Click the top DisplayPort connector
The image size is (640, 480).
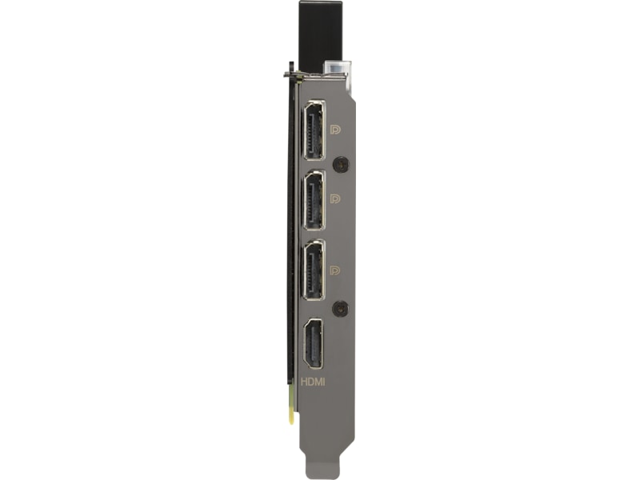(314, 130)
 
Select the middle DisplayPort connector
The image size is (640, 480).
(314, 200)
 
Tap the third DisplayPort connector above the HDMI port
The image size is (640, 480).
(314, 270)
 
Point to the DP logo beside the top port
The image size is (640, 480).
(335, 130)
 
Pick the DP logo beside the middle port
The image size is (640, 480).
(335, 198)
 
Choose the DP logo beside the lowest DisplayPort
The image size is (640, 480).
(335, 270)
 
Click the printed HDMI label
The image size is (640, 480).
(313, 382)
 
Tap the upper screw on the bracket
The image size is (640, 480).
(341, 165)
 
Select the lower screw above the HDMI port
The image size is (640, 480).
(340, 308)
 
